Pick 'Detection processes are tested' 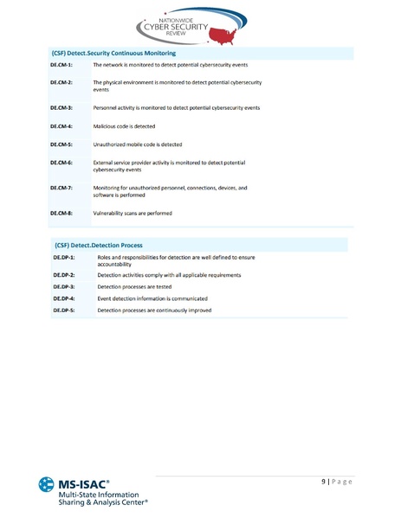[134, 286]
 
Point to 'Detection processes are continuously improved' [154, 310]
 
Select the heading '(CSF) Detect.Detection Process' [98, 245]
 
